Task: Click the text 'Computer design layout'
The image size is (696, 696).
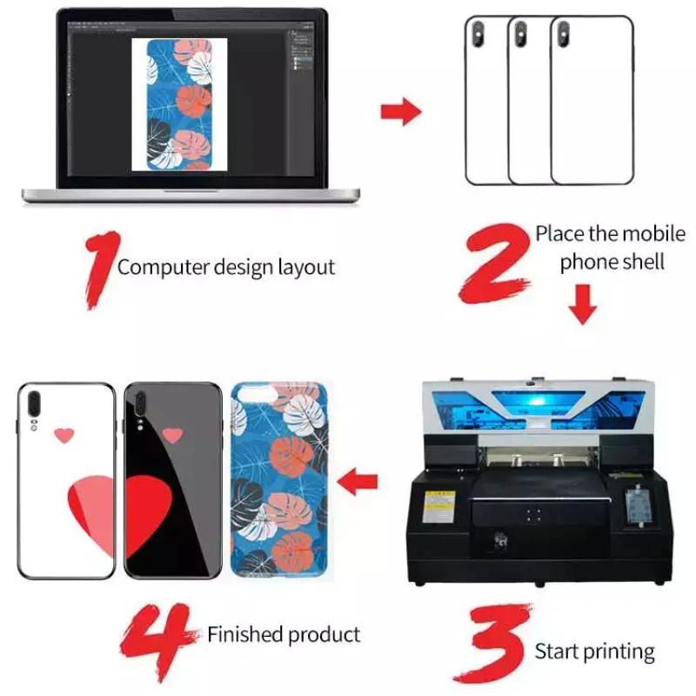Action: point(225,267)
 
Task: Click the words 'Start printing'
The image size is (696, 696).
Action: point(594,651)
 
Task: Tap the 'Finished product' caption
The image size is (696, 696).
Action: point(283,634)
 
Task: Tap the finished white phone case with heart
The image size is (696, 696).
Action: point(66,480)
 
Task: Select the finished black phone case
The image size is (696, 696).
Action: point(172,480)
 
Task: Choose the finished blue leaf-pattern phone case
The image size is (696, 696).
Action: point(278,480)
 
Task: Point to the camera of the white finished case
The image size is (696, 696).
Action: point(36,405)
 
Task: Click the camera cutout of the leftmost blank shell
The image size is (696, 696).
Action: point(478,34)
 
